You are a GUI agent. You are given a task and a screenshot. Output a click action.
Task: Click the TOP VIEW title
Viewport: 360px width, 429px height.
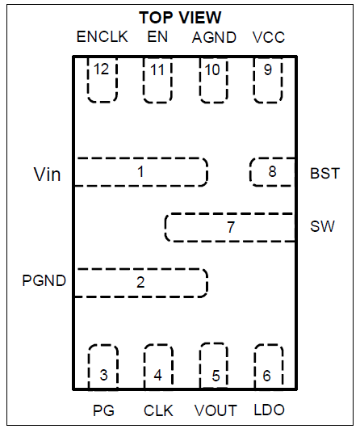179,17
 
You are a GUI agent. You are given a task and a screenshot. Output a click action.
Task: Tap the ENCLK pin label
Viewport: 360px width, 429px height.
98,38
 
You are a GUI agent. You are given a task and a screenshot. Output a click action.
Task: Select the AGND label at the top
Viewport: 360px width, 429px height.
214,38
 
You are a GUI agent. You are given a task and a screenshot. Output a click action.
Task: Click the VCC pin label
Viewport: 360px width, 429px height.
268,38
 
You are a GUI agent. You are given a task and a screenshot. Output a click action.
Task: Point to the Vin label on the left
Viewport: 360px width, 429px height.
47,174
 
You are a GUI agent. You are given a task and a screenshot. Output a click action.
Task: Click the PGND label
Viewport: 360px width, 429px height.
44,281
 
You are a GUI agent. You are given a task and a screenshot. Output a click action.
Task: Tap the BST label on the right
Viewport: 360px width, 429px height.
324,173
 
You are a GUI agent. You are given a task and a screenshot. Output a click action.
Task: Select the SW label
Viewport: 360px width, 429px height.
322,227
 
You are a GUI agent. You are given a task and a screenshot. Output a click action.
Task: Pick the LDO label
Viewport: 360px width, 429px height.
268,410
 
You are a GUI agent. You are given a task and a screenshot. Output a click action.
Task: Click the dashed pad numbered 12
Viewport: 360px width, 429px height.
102,79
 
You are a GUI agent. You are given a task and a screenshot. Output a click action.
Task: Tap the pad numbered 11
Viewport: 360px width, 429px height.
157,79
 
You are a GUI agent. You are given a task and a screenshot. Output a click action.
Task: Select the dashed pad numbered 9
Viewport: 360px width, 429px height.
268,79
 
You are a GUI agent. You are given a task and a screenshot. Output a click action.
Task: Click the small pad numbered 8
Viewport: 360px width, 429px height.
272,172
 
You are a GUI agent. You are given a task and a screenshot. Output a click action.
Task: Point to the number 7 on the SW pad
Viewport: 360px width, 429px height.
230,228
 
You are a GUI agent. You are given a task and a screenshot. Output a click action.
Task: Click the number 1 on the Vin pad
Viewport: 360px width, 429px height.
140,171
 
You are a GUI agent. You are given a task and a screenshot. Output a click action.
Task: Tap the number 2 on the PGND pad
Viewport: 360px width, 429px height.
140,282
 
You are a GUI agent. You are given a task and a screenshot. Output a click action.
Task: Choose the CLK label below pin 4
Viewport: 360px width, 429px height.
158,410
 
